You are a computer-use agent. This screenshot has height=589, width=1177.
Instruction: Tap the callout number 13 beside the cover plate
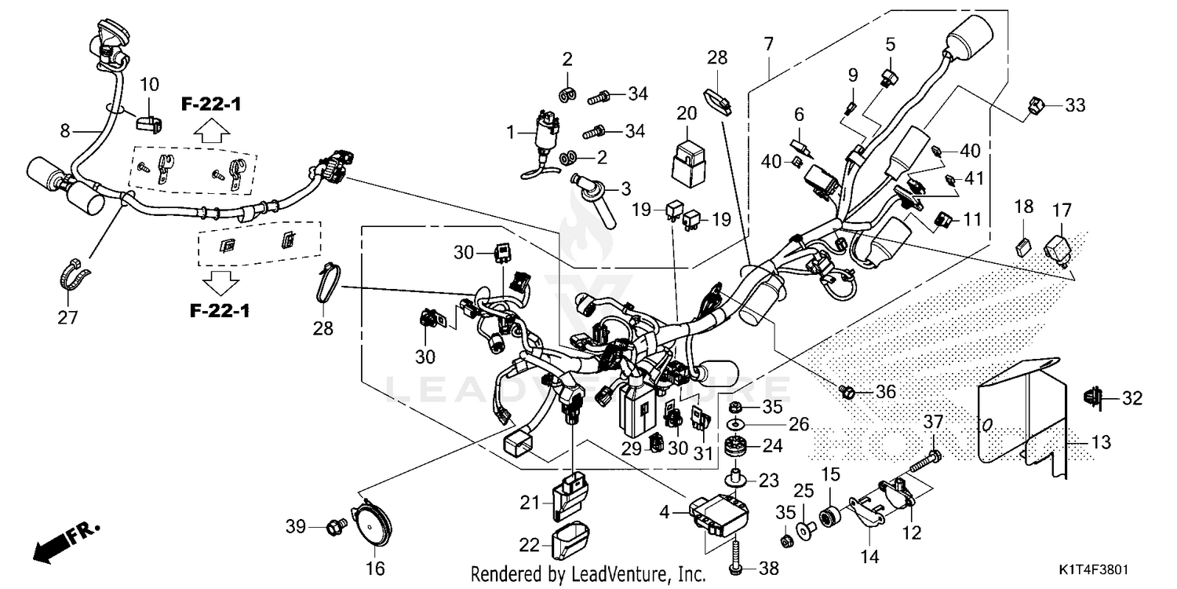1102,444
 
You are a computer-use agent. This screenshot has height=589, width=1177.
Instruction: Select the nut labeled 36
847,390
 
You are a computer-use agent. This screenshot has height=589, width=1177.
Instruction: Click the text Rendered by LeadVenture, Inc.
588,574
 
